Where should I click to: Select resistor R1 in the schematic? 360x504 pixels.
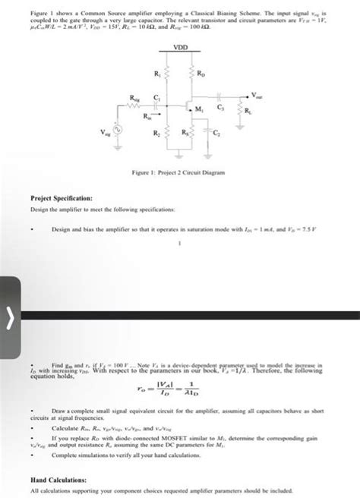[167, 75]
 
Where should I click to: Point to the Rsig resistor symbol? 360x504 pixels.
[135, 106]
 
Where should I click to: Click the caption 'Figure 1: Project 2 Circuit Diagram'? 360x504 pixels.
[179, 173]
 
